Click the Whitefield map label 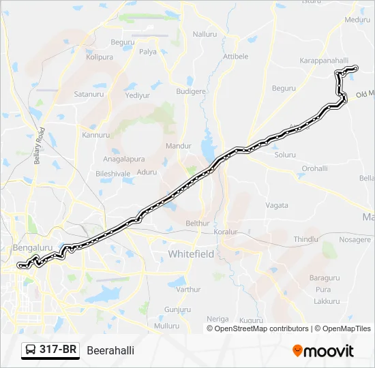pyautogui.click(x=191, y=254)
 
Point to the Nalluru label pyautogui.click(x=205, y=34)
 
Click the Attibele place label pyautogui.click(x=236, y=57)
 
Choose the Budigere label pyautogui.click(x=191, y=91)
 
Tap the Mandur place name pyautogui.click(x=179, y=146)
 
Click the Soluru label pyautogui.click(x=284, y=155)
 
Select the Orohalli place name pyautogui.click(x=315, y=168)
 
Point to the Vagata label pyautogui.click(x=277, y=205)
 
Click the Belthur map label pyautogui.click(x=198, y=223)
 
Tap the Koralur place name pyautogui.click(x=225, y=232)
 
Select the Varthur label pyautogui.click(x=188, y=289)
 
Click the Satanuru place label pyautogui.click(x=87, y=93)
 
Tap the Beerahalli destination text pyautogui.click(x=110, y=350)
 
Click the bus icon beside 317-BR pyautogui.click(x=31, y=350)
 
